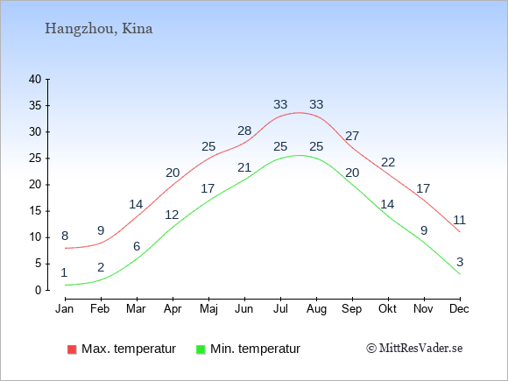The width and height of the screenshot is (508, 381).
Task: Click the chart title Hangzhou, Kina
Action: point(98,29)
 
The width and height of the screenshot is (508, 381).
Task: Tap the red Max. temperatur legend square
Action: point(72,349)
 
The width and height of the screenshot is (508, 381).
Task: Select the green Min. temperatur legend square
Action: point(201,349)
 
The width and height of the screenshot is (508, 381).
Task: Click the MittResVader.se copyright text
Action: point(414,349)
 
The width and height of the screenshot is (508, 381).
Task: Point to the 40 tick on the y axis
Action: point(35,79)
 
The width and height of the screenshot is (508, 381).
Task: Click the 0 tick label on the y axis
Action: point(39,290)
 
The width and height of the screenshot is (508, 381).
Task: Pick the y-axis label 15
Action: point(35,211)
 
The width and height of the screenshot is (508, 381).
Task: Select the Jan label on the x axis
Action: point(65,309)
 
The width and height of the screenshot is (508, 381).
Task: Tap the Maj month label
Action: point(208,309)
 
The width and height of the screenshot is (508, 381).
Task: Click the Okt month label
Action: point(387,309)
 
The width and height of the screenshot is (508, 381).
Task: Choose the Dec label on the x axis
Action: point(459,309)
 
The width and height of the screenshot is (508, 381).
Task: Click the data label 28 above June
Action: point(244,131)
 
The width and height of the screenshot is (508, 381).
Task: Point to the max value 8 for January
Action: point(65,236)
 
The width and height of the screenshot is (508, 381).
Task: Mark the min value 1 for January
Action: point(64,272)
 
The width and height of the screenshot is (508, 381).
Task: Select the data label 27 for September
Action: point(352,136)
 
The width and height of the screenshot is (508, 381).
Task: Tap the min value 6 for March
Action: point(137,246)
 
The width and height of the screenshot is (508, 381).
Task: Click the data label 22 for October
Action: point(388,162)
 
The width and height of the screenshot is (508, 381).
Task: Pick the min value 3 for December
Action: point(460,262)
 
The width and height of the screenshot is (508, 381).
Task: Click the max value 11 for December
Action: point(460,221)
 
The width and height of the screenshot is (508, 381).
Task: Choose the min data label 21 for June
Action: point(244,168)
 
